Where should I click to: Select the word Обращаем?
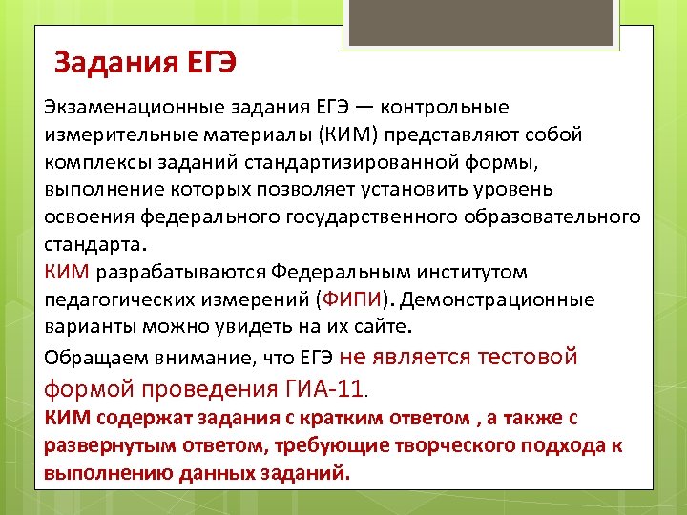pyautogui.click(x=87, y=359)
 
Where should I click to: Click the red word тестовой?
pyautogui.click(x=530, y=357)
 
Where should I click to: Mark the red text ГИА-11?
pyautogui.click(x=324, y=389)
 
